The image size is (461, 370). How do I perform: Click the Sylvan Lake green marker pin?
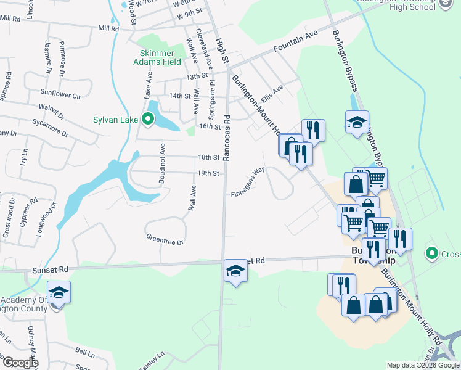point(148,120)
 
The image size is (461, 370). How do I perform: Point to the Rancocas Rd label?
point(227,138)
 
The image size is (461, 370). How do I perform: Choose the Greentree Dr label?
point(165,239)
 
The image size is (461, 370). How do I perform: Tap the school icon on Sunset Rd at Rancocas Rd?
point(235,271)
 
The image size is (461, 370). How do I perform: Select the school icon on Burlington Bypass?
point(357,123)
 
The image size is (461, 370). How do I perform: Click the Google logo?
point(20,363)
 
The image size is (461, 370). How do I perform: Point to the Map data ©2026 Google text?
point(422,365)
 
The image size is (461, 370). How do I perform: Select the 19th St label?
point(208,173)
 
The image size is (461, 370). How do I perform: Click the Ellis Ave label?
point(271,94)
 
